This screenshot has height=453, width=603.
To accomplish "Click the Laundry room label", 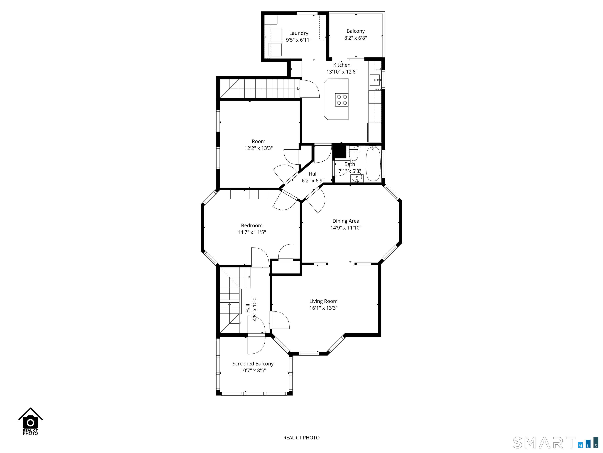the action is tap(299, 33).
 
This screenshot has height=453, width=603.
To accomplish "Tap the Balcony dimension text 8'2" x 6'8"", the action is tap(355, 38).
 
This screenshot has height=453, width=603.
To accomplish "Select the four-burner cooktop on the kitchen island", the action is tap(342, 100).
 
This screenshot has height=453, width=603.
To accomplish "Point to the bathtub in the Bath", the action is tap(373, 164).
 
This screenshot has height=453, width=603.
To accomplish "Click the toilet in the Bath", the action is tap(354, 154).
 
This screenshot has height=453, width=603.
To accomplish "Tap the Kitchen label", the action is tap(342, 65).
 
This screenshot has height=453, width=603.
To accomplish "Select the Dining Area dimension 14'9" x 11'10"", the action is tap(346, 228).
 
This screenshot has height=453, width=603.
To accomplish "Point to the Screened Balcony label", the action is tap(253, 364).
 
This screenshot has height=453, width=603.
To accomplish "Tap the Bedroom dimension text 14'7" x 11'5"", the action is tap(252, 232).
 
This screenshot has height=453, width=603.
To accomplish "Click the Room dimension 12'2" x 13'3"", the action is tap(259, 148).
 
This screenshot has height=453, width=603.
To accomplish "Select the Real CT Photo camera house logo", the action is tap(31, 421).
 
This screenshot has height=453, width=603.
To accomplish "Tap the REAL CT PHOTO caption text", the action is tap(301, 438).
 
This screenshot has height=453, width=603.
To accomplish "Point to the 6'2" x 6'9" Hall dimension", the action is tap(313, 180).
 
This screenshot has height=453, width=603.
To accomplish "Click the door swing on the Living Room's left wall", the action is tap(280, 320).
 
